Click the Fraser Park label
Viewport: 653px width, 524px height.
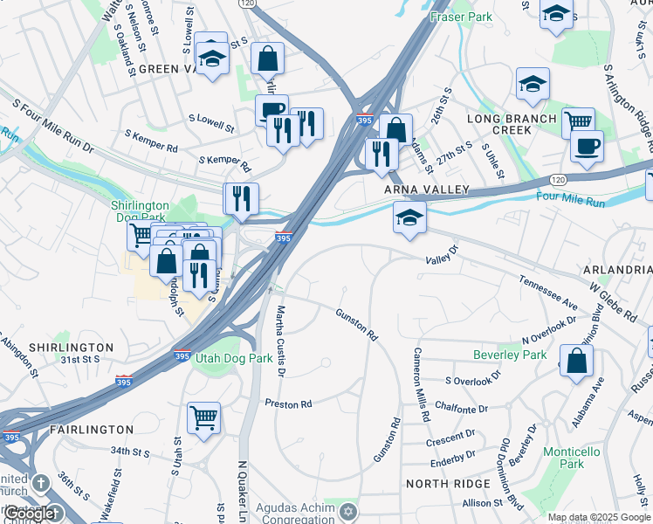tap(461, 17)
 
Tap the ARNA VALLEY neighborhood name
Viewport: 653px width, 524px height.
tap(428, 190)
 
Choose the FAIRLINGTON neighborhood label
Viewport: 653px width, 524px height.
tap(91, 430)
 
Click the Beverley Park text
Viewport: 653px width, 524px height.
tap(510, 355)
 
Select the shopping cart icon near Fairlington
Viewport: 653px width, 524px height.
tap(203, 416)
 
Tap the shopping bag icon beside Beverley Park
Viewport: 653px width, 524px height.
tap(576, 360)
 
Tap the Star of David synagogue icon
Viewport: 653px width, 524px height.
tap(348, 510)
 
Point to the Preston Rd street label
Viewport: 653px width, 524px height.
tap(289, 404)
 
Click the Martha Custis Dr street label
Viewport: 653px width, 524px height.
tap(280, 340)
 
